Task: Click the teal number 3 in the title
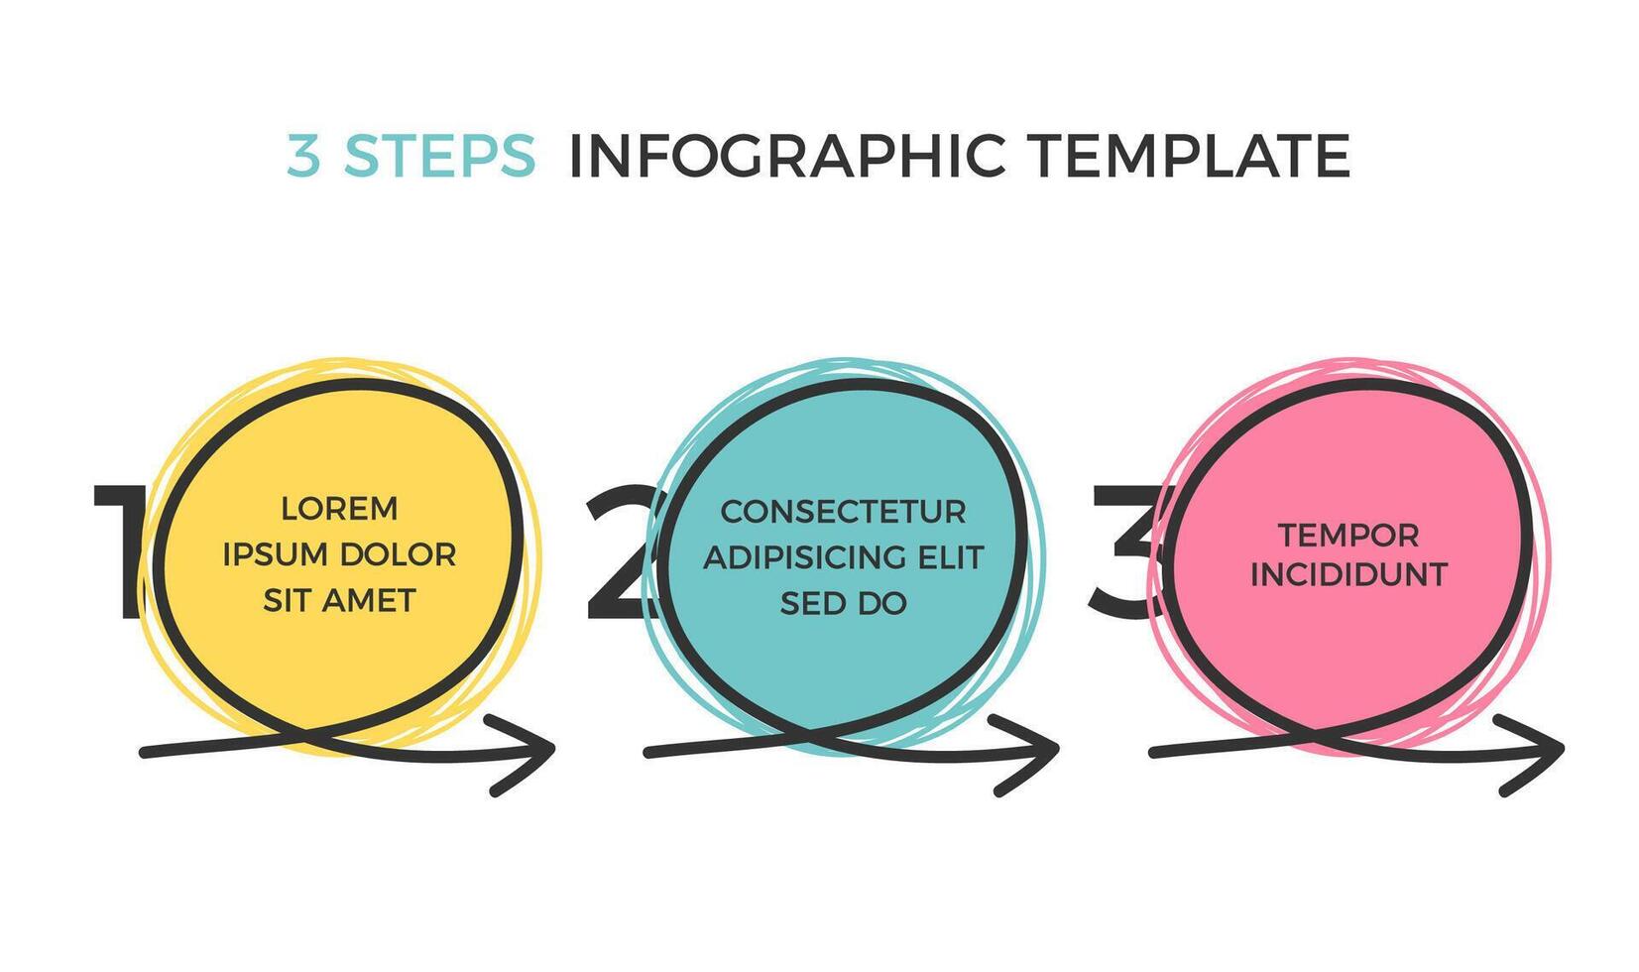(x=303, y=155)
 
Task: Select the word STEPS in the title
(x=440, y=155)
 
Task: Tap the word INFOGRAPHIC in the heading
(x=787, y=155)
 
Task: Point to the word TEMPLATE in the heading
(x=1190, y=155)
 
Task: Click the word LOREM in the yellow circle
(x=339, y=509)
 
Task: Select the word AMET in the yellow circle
(x=370, y=601)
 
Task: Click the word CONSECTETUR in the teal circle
(x=844, y=512)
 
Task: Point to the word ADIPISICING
(x=795, y=557)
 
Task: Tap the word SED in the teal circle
(x=811, y=604)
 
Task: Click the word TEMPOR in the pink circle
(x=1349, y=536)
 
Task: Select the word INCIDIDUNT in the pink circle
(x=1349, y=574)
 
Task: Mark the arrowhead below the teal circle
(x=1026, y=755)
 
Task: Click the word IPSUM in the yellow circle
(x=275, y=554)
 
